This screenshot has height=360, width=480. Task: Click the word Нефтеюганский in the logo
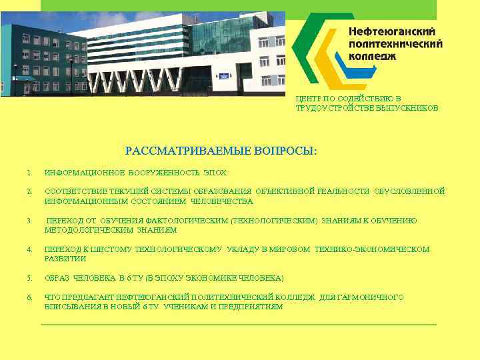[x=393, y=31]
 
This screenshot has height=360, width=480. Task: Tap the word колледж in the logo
[x=373, y=56]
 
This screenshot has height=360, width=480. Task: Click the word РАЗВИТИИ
[x=65, y=259]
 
